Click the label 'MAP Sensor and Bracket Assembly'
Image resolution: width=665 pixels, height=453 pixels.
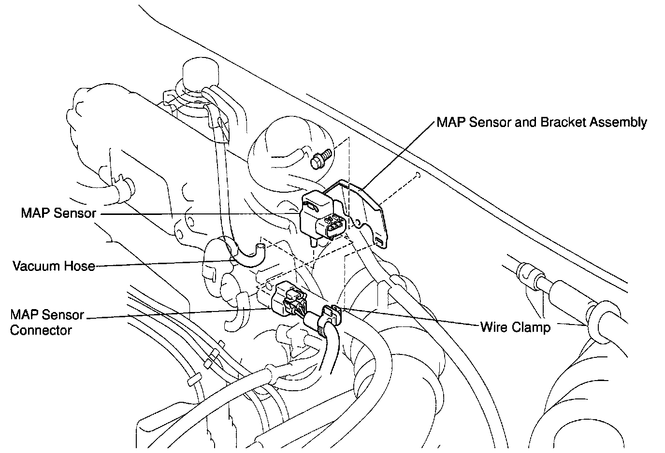(x=541, y=122)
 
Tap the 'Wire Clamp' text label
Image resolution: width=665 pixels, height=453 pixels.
(x=515, y=327)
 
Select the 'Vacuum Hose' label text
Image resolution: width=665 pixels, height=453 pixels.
(x=54, y=266)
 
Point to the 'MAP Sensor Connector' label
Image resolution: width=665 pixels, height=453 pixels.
(x=47, y=323)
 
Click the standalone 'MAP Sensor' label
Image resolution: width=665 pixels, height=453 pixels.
(x=58, y=213)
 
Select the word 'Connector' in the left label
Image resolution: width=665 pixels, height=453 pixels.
(x=41, y=331)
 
